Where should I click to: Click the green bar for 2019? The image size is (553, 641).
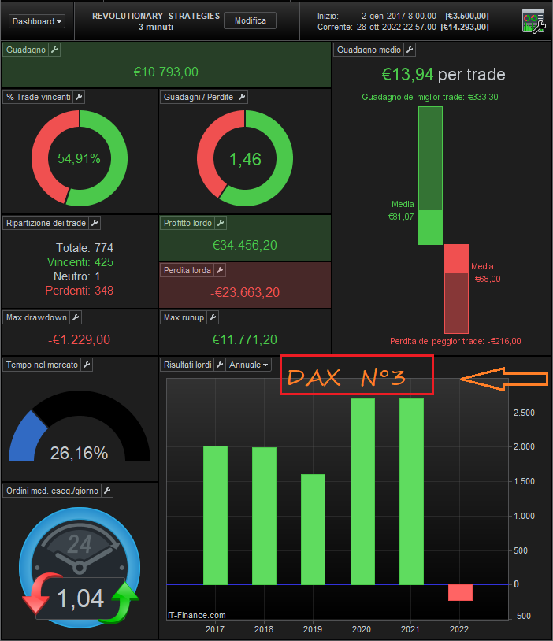coord(313,528)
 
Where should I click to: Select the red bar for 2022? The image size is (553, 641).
coord(460,592)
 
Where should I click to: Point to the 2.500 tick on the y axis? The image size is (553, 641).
coord(524,413)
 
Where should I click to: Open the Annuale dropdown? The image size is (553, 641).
coord(250,365)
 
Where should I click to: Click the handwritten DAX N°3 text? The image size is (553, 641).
coord(347,378)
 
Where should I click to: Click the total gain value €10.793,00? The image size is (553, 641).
coord(165,72)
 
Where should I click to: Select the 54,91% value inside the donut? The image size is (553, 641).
coord(79,158)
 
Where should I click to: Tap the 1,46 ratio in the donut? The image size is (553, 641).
coord(244,159)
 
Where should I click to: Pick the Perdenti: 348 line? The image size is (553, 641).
coord(80,291)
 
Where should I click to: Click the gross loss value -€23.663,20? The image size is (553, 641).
coord(244,292)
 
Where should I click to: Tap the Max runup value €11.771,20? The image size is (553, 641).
coord(244,340)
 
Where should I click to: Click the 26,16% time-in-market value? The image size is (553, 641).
coord(79,453)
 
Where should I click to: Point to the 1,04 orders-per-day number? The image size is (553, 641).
coord(80,598)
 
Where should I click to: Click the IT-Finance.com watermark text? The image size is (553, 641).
coord(197,615)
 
